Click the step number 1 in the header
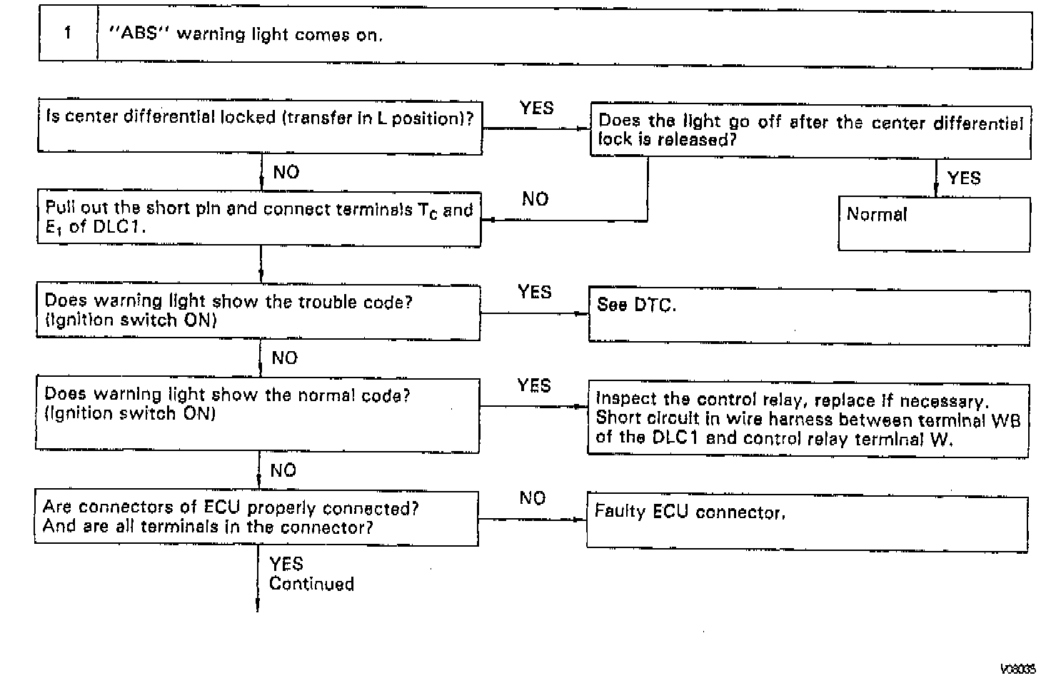point(68,34)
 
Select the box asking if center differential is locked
point(260,127)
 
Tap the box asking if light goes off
point(810,131)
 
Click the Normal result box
point(934,223)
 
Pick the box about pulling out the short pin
point(259,218)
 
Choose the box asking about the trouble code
point(258,311)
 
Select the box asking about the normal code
point(258,414)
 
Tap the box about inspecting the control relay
point(808,419)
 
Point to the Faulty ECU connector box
point(807,520)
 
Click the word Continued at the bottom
point(311,584)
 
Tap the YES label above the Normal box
point(964,178)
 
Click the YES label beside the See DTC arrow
point(535,292)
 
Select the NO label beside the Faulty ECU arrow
point(533,497)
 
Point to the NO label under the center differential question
point(286,172)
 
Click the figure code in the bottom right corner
point(1018,669)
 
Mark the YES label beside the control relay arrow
point(534,385)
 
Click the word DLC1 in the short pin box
point(119,228)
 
